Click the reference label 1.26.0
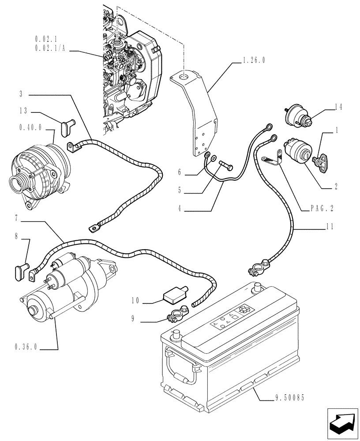[253, 61]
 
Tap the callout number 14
[338, 107]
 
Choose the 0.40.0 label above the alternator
[30, 127]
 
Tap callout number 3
[21, 94]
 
